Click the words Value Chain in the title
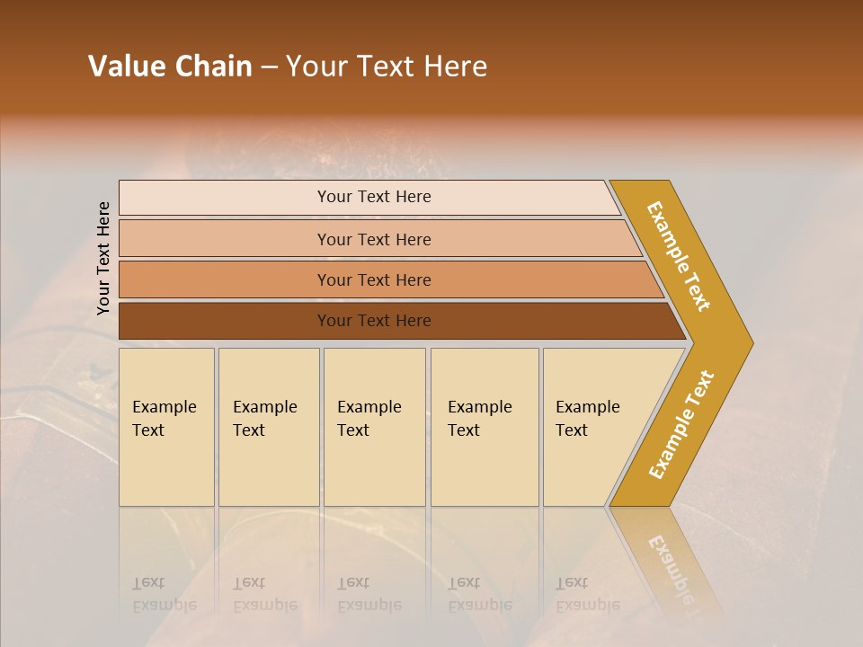[170, 66]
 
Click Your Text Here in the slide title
[387, 66]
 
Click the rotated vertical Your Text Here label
[103, 258]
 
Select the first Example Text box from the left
[166, 427]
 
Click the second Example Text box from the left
[268, 427]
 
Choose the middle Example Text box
[374, 427]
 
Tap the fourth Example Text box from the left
[484, 427]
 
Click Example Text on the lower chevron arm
[681, 425]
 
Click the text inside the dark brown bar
[374, 321]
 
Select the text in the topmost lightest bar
[374, 197]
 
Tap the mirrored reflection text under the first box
[164, 595]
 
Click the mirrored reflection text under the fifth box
[587, 595]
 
